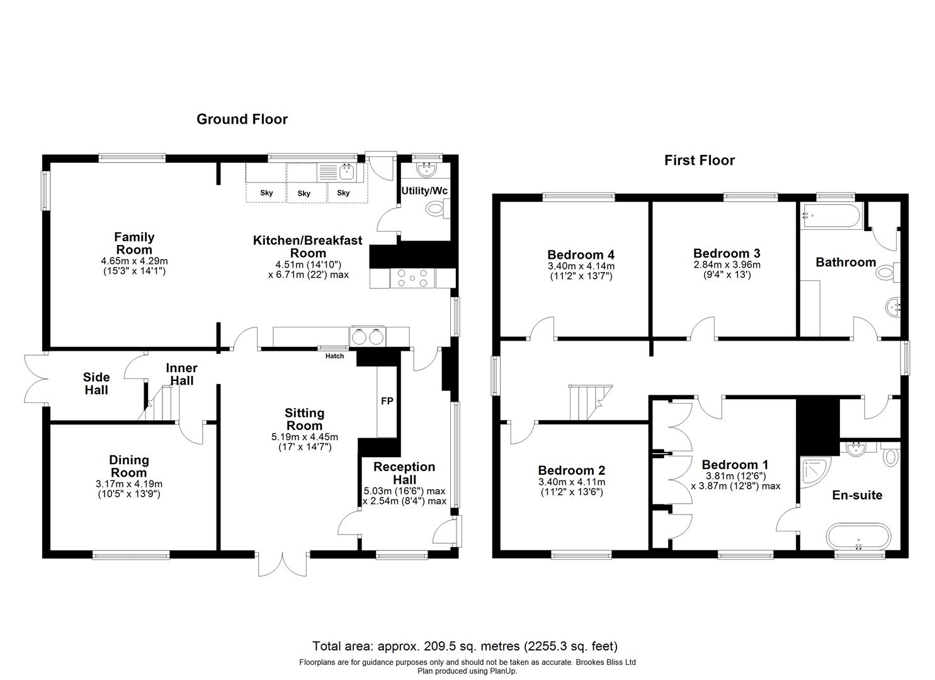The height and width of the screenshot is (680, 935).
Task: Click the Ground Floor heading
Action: (x=242, y=120)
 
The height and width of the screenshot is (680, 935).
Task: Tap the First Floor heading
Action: (x=699, y=161)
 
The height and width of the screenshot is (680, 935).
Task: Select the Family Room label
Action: (x=134, y=244)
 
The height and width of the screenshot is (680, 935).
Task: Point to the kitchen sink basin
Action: (x=346, y=171)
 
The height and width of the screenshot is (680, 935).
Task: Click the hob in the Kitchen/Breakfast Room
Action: (x=412, y=278)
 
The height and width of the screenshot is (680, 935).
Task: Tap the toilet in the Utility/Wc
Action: (x=436, y=208)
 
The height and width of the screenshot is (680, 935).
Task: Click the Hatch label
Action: (x=335, y=356)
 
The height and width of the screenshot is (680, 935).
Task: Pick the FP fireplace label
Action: (x=387, y=401)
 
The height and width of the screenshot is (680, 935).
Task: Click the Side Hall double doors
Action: (x=35, y=379)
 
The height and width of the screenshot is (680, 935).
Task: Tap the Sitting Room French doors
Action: (x=283, y=564)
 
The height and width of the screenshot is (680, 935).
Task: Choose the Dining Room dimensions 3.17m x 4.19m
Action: (x=129, y=484)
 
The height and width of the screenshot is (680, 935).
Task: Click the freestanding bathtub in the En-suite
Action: (x=859, y=537)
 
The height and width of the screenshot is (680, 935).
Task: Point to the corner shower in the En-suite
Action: (x=814, y=472)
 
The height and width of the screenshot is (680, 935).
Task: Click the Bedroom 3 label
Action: (x=727, y=253)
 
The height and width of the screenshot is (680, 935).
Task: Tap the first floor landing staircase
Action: (x=590, y=402)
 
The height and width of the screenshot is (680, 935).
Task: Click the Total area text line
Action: (x=465, y=646)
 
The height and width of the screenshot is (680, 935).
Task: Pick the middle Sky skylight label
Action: (x=304, y=193)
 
